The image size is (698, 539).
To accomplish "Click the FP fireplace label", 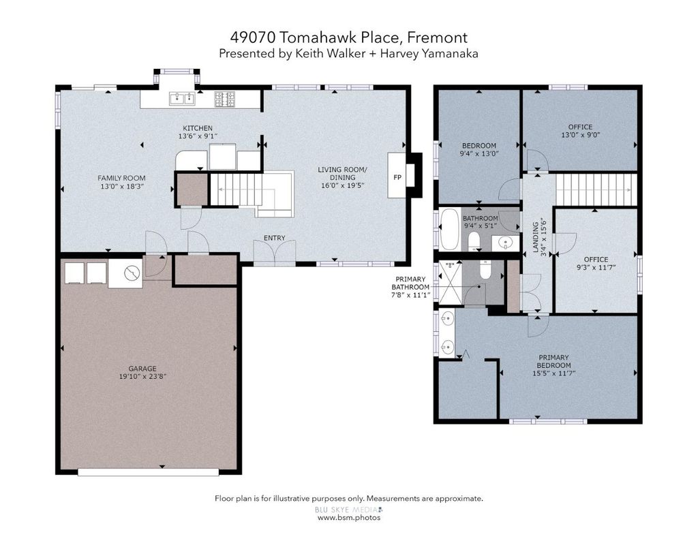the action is click(x=397, y=177).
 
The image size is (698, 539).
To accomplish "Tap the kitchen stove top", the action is click(x=224, y=99).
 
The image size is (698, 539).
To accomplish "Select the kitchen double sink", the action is click(x=182, y=99).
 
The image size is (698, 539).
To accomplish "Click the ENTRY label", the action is click(x=274, y=238).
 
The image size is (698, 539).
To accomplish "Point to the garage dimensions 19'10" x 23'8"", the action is click(x=142, y=377).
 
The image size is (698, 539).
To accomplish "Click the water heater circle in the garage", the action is click(x=132, y=273).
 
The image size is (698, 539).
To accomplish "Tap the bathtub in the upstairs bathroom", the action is click(x=450, y=229).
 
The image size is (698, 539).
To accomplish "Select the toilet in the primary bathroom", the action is click(x=485, y=269).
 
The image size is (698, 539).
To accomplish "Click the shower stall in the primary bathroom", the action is click(x=451, y=283).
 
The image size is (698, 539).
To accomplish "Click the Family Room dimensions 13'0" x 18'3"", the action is click(x=121, y=187).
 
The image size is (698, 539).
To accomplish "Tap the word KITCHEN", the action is click(x=198, y=128).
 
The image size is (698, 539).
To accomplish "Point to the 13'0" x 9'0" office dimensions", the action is click(x=581, y=134).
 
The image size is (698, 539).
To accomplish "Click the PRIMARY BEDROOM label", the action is click(x=553, y=361).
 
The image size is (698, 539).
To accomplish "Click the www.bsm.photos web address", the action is click(x=349, y=518).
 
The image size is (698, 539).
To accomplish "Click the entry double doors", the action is click(x=275, y=252).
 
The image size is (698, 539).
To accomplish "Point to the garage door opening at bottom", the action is click(x=148, y=472).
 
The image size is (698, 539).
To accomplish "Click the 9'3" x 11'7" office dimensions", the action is click(x=596, y=268).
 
